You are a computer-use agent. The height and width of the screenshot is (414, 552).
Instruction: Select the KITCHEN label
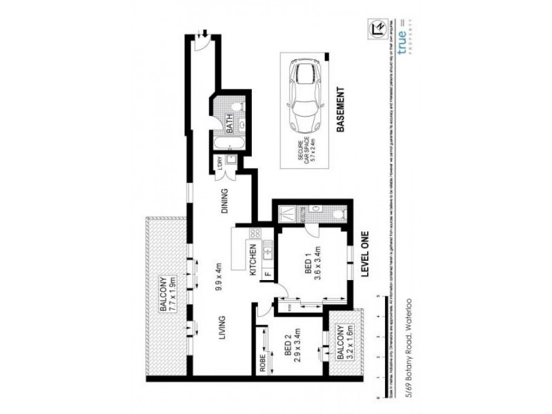pos(253,260)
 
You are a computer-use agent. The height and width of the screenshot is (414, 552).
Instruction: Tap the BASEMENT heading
pos(339,110)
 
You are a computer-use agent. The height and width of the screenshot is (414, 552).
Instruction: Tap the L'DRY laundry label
pos(221,164)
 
